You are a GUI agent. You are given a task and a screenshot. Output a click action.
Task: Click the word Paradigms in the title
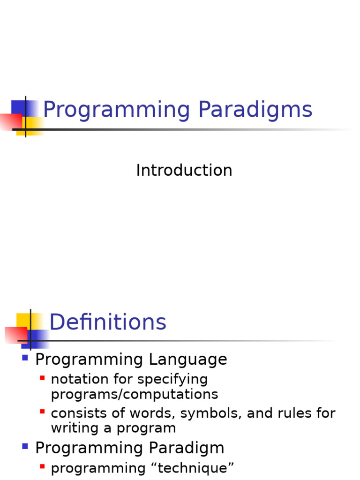coord(255,109)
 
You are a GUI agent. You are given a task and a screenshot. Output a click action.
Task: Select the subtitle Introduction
coord(184,170)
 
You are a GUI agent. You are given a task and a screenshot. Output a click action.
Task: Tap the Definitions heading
coord(108,322)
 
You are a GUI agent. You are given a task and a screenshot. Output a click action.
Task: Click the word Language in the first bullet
coord(188,360)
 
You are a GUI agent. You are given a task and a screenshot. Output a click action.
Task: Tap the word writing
coord(75,428)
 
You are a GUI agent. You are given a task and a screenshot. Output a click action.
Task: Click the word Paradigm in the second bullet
coord(187,449)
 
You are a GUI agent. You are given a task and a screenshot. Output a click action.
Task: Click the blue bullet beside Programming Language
coord(25,358)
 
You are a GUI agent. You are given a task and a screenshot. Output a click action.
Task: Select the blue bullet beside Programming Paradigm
coord(25,446)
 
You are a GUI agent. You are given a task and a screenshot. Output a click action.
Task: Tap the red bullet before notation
coord(42,378)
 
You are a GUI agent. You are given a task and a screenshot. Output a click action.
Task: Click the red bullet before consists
coord(42,412)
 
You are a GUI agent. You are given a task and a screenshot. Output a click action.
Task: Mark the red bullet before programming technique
coord(42,466)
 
